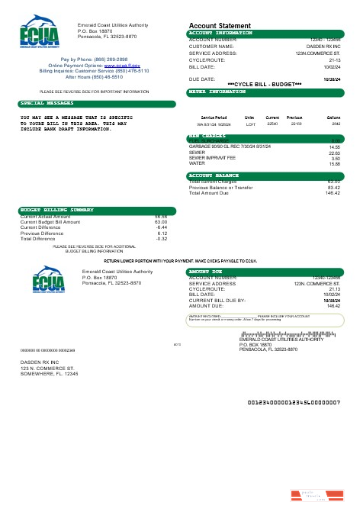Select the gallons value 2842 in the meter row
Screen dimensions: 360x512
coord(333,123)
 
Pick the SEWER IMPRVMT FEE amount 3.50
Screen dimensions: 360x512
coord(334,158)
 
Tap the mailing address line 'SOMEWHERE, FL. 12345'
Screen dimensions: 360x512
coord(49,374)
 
